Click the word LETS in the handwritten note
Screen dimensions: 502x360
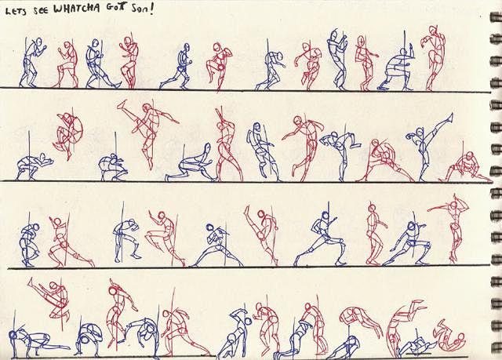tap(16, 11)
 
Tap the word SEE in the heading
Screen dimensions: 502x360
tap(41, 11)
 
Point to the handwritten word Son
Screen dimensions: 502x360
tap(138, 9)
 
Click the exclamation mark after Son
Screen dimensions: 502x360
tap(151, 9)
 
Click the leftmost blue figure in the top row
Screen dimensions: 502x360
tap(32, 63)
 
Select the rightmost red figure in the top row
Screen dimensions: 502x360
tap(434, 57)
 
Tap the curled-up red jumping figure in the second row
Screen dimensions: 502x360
tap(68, 133)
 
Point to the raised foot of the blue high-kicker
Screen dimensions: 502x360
tap(451, 115)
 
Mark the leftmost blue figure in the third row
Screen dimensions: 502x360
tap(30, 245)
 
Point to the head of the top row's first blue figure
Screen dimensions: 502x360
tap(38, 42)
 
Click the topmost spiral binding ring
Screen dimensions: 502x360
tap(496, 16)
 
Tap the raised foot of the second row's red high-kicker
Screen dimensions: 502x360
tap(122, 104)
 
